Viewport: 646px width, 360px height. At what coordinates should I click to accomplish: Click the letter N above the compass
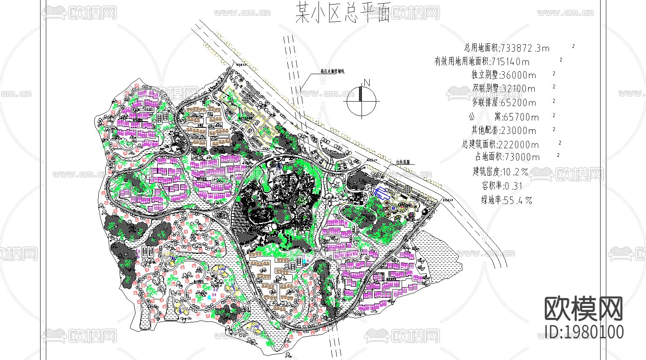coord(366,83)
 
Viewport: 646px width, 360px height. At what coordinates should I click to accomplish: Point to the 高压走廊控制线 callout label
coord(332,71)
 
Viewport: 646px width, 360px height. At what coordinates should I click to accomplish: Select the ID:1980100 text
coord(585,332)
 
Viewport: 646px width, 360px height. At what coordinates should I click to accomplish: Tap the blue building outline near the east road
coord(382,192)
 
